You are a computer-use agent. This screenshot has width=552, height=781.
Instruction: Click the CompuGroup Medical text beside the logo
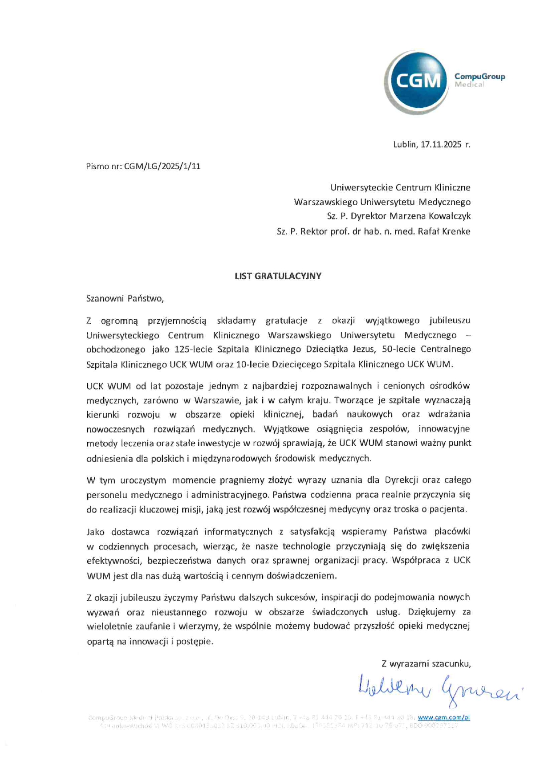tap(479, 80)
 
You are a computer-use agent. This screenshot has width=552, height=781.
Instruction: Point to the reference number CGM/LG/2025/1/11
tap(162, 167)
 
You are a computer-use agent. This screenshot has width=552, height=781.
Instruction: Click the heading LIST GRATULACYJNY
tap(278, 276)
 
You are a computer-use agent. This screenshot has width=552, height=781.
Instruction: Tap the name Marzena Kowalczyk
tap(430, 216)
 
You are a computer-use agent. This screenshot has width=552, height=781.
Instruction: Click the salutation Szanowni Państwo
tap(125, 299)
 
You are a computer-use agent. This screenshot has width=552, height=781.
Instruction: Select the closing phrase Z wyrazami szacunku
tap(426, 664)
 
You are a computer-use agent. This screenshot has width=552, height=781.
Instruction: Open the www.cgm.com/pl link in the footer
tap(444, 717)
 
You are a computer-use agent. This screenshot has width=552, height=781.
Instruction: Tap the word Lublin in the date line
tap(405, 144)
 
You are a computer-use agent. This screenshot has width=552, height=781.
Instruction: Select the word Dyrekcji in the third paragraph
tap(401, 480)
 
